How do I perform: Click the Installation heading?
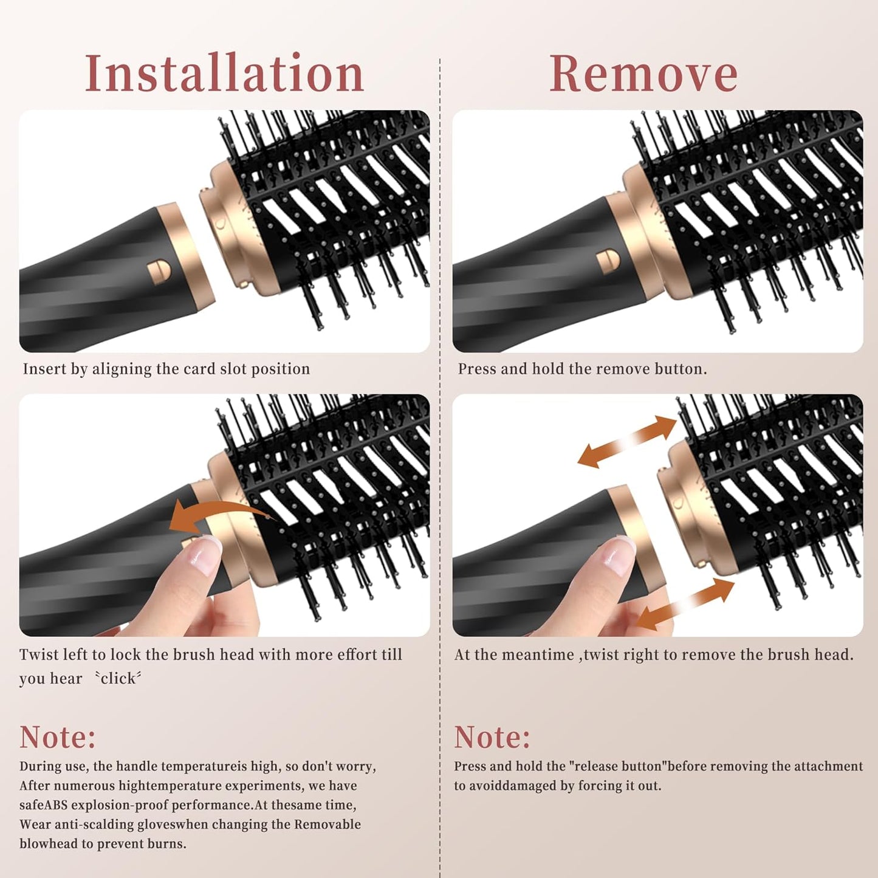coord(224,74)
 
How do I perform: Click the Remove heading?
coord(643,74)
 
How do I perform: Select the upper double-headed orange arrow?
coord(626,442)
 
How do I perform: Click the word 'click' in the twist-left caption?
coord(118,679)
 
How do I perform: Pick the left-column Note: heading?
coord(58,737)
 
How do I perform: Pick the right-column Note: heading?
coord(492,737)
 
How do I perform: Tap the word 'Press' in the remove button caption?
coord(477,369)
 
